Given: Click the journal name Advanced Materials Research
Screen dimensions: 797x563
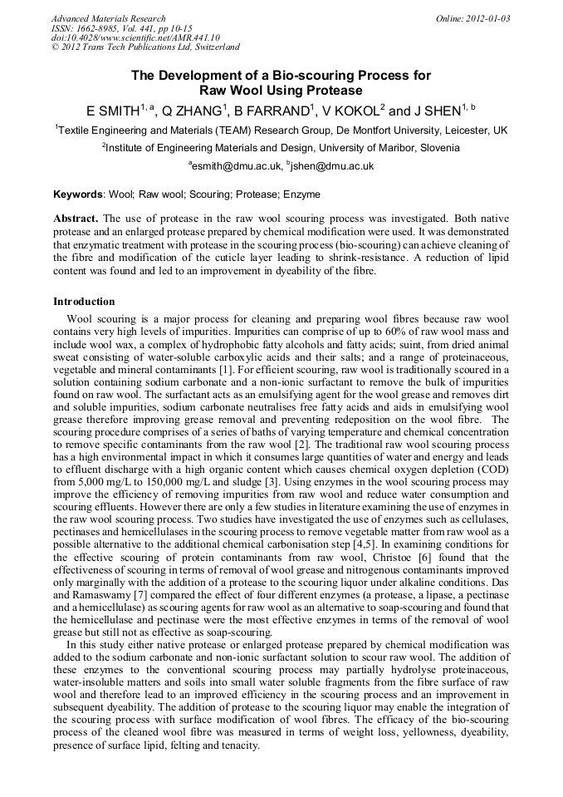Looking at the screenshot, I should pos(108,18).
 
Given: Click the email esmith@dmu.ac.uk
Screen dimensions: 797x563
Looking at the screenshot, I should pos(236,166).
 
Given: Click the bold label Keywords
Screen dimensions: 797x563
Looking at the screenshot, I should pos(78,194).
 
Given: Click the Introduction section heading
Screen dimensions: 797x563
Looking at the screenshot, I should pos(84,301).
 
